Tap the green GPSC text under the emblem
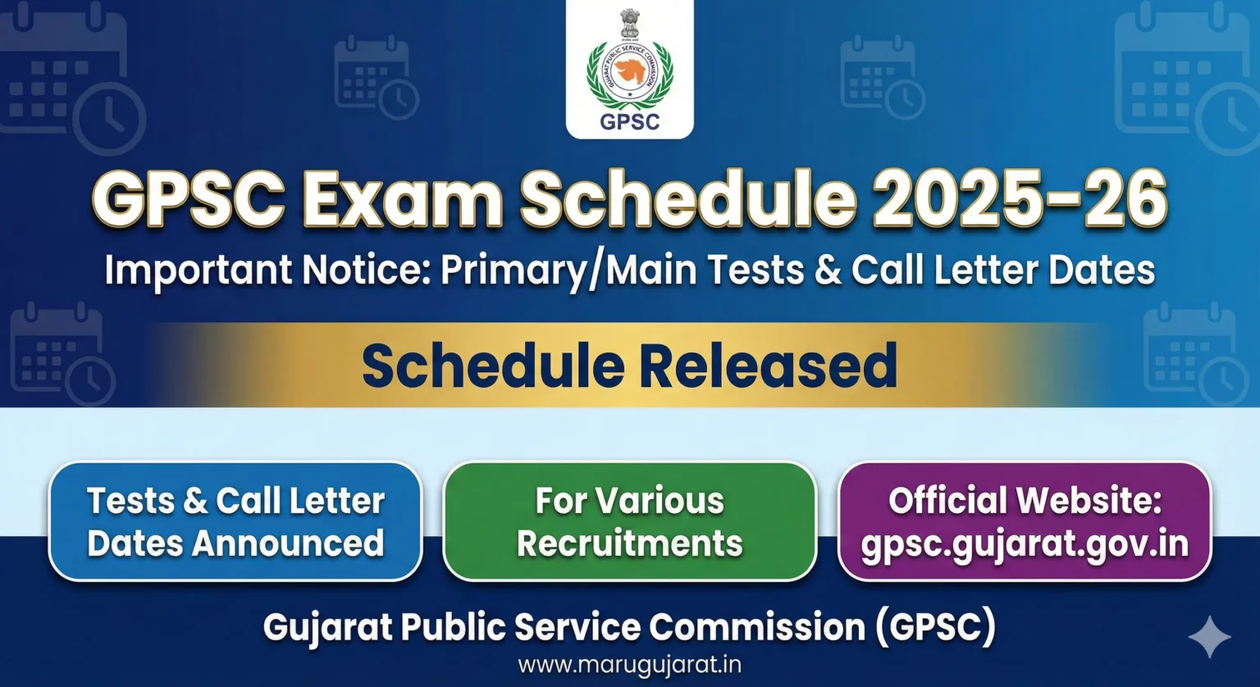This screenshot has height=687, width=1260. (629, 121)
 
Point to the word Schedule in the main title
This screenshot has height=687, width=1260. (689, 199)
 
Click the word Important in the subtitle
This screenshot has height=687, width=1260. (198, 271)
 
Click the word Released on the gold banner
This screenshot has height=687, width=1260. (768, 365)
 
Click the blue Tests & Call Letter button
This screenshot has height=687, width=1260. (235, 521)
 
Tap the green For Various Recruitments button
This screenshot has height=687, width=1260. (629, 521)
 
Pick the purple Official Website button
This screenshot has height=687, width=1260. (1024, 521)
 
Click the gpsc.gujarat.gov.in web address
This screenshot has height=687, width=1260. (1024, 544)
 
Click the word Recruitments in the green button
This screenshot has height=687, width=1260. (629, 544)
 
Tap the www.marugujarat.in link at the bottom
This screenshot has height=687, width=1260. (629, 664)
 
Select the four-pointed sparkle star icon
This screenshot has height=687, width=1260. (1210, 638)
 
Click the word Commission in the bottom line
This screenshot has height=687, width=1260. (756, 628)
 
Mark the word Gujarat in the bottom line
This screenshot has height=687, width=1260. (328, 628)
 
